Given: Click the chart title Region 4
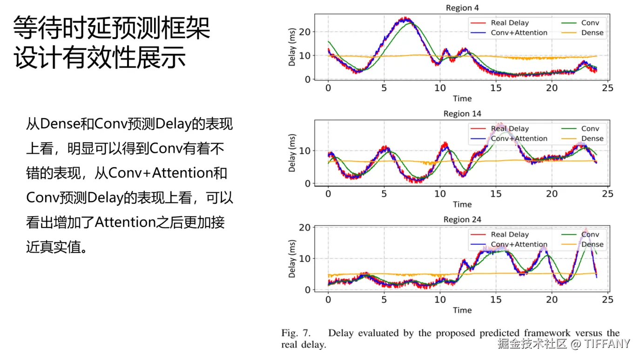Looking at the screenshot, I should [462, 8].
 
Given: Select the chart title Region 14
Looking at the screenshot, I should [462, 113].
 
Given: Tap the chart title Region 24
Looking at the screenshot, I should [462, 220].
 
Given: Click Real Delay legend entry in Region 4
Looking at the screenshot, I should [510, 23].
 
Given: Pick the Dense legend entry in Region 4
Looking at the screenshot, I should [592, 33].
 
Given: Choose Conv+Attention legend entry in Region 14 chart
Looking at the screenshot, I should [519, 139].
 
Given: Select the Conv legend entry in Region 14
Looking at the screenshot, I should [590, 129].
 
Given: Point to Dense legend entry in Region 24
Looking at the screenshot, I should [592, 244].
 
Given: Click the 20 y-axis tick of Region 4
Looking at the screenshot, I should [305, 32].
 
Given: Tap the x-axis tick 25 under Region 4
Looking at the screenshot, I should [608, 88].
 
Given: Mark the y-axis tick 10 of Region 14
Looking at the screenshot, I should [305, 151].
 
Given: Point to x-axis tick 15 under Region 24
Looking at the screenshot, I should [496, 300].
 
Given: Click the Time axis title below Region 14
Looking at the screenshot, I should [462, 204].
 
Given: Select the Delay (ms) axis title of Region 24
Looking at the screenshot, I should [292, 259].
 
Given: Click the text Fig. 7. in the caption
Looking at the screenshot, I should [296, 333].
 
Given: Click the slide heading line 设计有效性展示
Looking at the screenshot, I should [100, 58].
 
